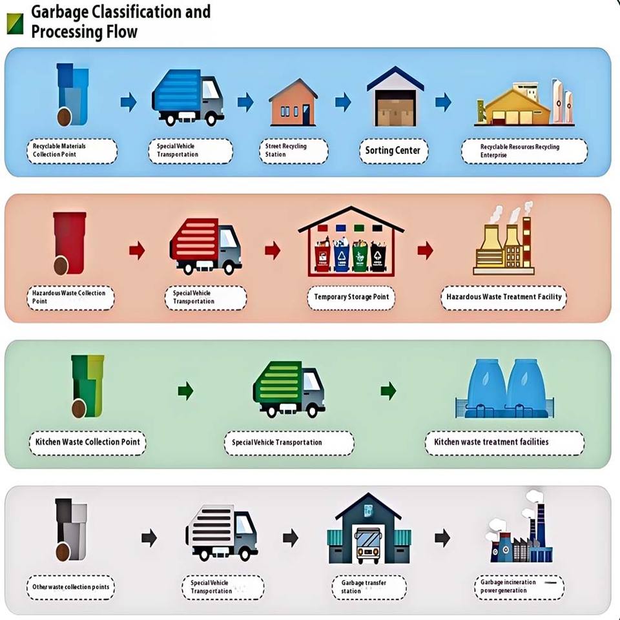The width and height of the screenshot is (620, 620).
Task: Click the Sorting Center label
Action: [x=392, y=150]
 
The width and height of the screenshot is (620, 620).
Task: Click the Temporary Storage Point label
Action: [x=351, y=297]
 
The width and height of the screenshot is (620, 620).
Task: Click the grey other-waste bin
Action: [x=70, y=529]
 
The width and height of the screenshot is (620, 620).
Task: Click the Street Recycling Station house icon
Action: [x=293, y=103]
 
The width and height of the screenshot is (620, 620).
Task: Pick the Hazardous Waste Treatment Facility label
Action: [x=504, y=297]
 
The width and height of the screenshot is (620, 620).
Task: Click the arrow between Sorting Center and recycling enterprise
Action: [x=442, y=102]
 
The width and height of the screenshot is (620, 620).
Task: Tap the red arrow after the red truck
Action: [x=273, y=250]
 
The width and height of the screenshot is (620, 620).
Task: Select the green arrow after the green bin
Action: [x=185, y=390]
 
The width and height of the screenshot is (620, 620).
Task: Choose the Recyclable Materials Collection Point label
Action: [x=72, y=150]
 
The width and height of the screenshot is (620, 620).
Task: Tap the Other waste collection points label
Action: [x=72, y=587]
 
